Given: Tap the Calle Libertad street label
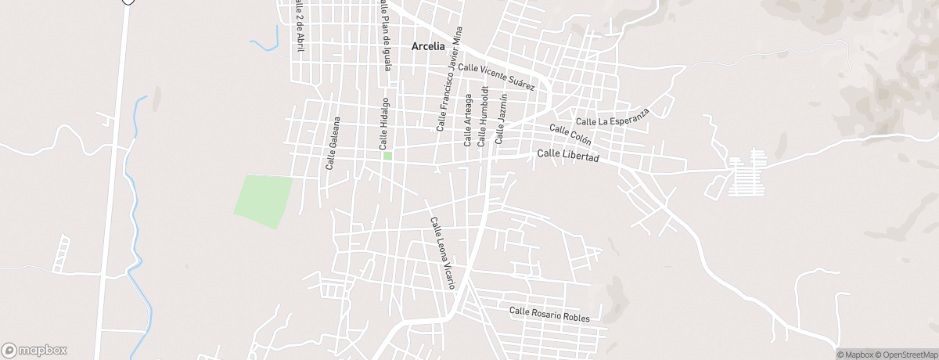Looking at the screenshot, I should click(568, 157).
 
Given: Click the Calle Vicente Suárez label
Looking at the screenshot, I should click(496, 76).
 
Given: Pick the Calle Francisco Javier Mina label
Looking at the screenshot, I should click(449, 78).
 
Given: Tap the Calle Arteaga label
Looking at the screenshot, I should click(468, 120).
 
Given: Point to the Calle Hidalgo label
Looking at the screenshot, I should click(383, 124).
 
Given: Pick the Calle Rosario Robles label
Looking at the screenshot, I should click(549, 314).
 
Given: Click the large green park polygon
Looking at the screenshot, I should click(263, 200).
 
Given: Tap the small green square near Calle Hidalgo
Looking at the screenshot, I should click(387, 156).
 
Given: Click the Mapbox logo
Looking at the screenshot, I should click(34, 351).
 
